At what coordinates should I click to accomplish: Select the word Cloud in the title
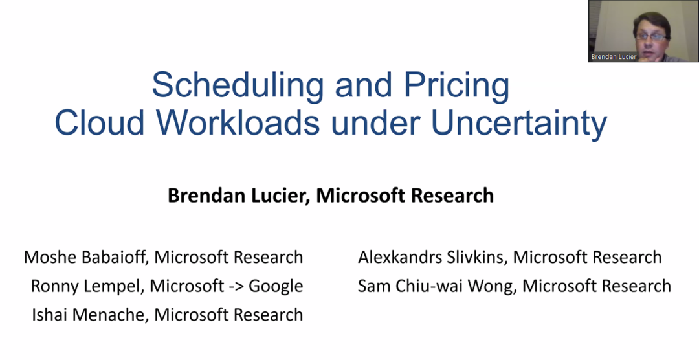[100, 122]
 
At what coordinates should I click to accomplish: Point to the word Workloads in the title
[238, 122]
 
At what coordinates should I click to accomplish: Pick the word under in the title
[375, 122]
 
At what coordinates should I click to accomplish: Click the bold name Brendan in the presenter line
[207, 196]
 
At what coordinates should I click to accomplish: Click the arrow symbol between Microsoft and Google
[236, 286]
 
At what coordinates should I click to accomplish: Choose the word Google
[276, 286]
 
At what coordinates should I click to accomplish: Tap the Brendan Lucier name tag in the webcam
[614, 56]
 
